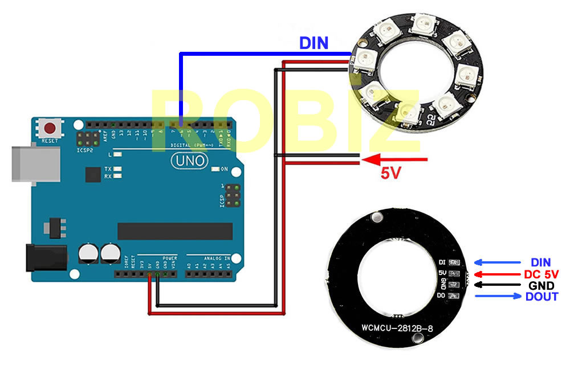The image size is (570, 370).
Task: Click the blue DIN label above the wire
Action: (314, 43)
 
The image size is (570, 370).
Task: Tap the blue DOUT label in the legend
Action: (541, 297)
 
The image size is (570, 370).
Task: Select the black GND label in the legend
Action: (541, 285)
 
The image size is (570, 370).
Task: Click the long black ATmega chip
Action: (175, 231)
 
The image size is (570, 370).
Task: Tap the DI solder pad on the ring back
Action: (454, 263)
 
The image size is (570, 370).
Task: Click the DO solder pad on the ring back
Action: (454, 296)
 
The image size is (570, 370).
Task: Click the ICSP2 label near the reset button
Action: (84, 150)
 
